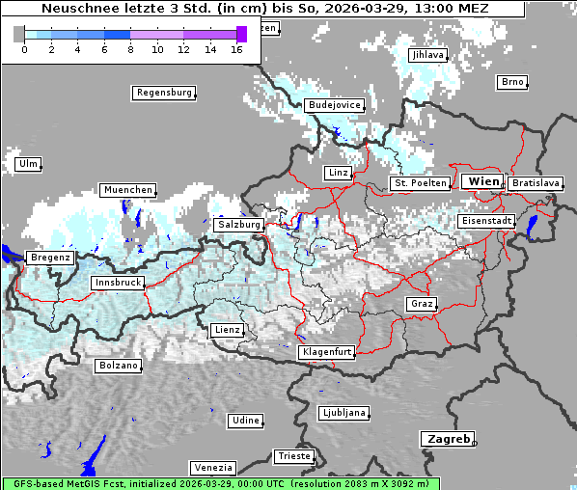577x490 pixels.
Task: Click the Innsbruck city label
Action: coord(117,283)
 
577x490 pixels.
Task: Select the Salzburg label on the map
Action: coord(239,225)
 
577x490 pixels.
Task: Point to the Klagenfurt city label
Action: coord(327,352)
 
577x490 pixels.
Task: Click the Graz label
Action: coord(421,304)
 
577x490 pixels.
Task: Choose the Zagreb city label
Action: coord(447,439)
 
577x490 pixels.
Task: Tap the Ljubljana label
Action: coord(343,413)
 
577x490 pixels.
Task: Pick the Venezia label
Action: coord(211,467)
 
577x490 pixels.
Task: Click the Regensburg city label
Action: coord(163,93)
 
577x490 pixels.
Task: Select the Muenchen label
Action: coord(127,190)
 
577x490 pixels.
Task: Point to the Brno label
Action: coord(512,82)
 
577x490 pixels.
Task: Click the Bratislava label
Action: coord(536,182)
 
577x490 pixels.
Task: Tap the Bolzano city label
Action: coord(119,366)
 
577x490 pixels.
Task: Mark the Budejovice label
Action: coord(334,104)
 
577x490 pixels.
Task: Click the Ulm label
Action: coord(28,164)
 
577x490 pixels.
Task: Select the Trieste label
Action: coord(293,455)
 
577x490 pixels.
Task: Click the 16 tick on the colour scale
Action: coord(236,49)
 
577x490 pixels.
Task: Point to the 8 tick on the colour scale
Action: coord(130,49)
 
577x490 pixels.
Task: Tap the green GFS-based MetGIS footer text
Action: coord(220,483)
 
